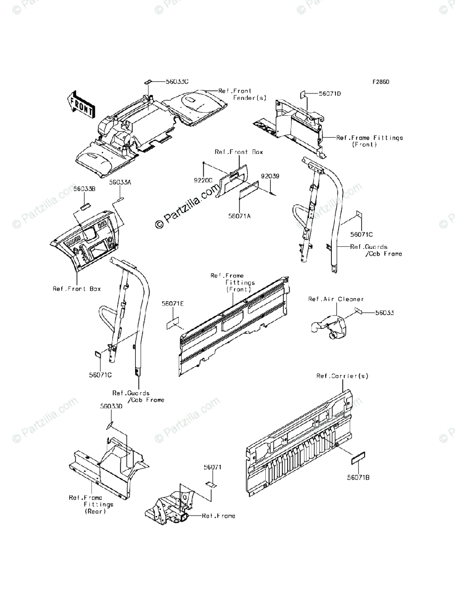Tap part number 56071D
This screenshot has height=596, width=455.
coord(330,93)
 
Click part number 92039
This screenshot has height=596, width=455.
coord(270,175)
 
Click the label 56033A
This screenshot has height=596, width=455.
coord(120,183)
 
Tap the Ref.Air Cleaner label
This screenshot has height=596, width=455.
coord(336,299)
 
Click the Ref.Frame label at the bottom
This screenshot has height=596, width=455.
coord(219,516)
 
